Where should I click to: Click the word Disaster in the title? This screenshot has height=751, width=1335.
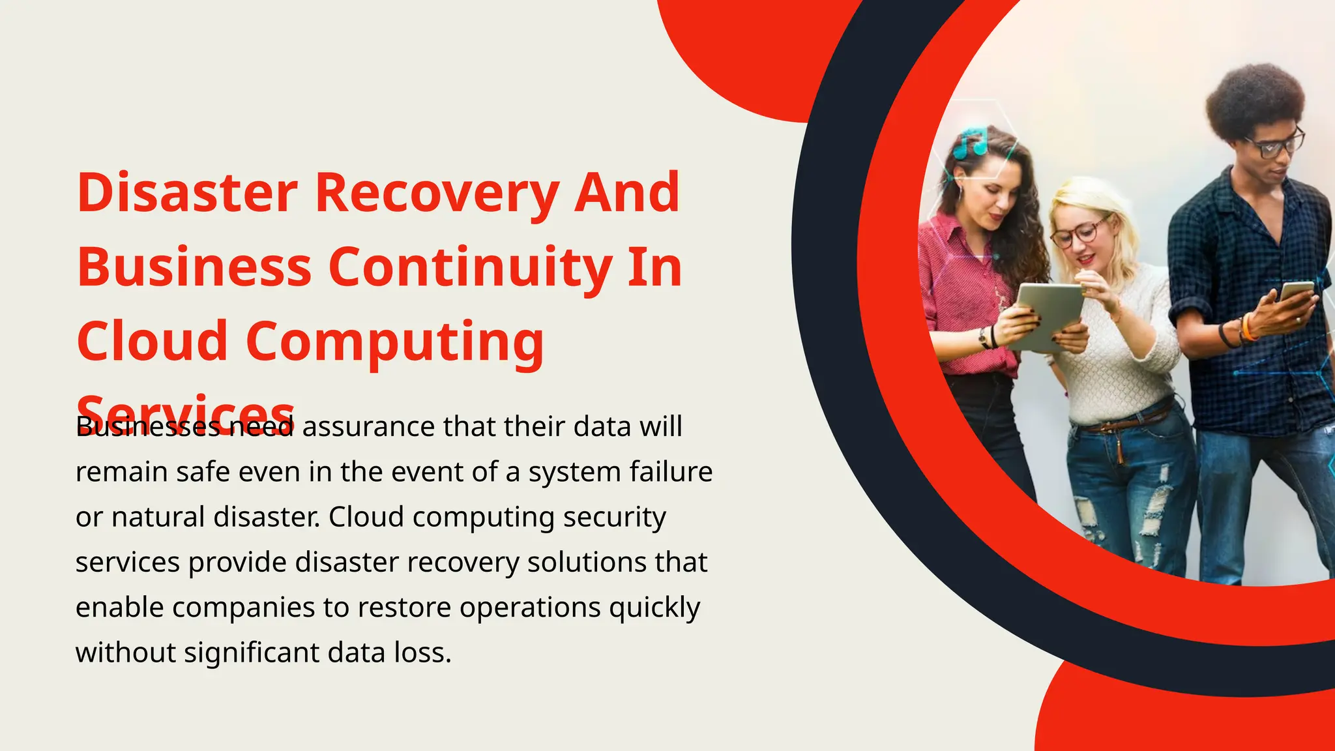tap(187, 193)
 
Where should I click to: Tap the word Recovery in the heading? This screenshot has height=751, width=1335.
tap(437, 194)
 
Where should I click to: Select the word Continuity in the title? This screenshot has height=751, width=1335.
tap(470, 268)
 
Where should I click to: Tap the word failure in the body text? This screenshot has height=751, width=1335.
tap(671, 471)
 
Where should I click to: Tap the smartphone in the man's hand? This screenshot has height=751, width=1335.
tap(1295, 291)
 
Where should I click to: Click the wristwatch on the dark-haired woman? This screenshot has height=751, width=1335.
tap(983, 338)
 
